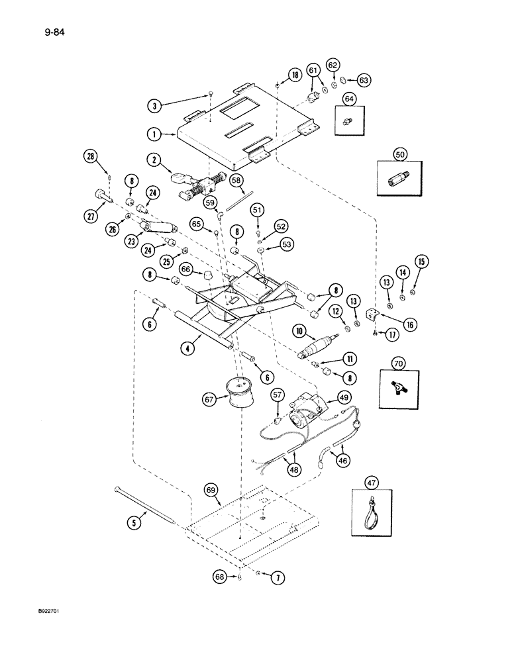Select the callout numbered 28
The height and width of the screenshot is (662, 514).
[x=91, y=156]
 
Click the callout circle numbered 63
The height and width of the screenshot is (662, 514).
[x=363, y=80]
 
